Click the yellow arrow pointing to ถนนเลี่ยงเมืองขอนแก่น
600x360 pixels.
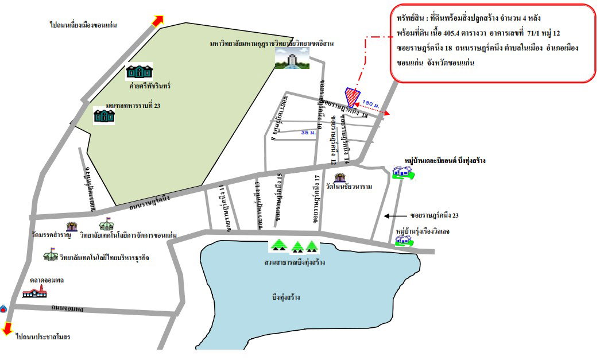coord(156,20)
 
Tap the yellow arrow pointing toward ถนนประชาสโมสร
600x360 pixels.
coord(7,328)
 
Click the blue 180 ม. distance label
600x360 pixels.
coord(371,104)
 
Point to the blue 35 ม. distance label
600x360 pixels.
coord(309,132)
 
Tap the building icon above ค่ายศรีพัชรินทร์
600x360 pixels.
coord(139,72)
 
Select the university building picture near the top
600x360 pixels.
coord(292,58)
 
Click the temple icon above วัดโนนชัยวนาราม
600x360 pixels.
coord(340,176)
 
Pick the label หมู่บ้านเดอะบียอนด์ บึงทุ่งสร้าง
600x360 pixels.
coord(444,161)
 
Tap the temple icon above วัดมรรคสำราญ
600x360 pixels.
coord(72,226)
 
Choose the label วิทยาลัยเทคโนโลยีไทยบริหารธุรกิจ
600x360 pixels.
coord(104,258)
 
